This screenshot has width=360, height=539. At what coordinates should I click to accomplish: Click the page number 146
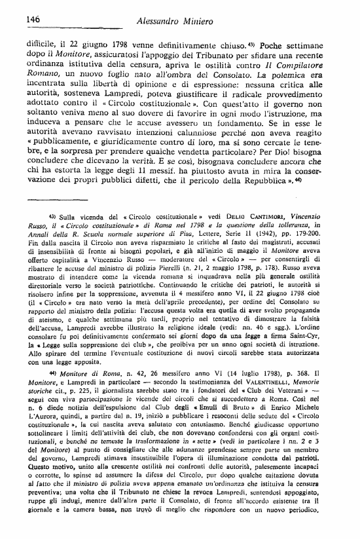pos(20,21)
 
